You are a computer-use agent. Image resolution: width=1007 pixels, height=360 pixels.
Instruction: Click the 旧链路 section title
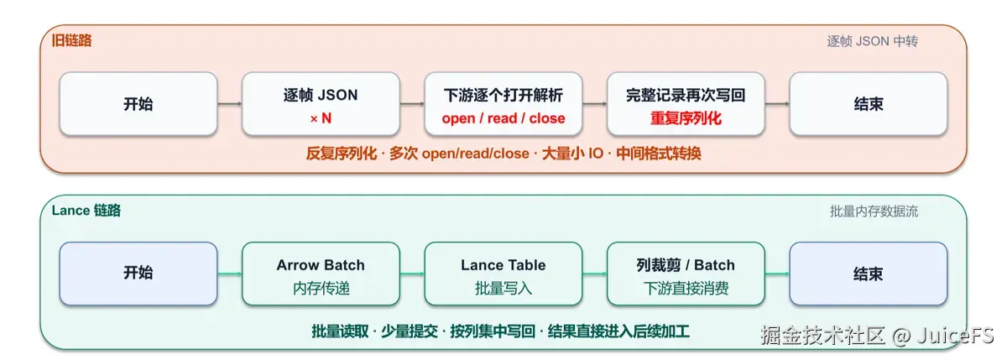(x=71, y=40)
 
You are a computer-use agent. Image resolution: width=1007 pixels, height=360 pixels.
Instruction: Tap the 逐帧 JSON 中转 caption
(x=872, y=41)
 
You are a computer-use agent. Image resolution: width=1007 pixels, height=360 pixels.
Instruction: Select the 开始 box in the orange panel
(x=138, y=104)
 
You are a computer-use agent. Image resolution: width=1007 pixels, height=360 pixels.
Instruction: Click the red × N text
(x=321, y=118)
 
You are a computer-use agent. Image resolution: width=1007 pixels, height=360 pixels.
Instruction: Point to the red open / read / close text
(x=503, y=118)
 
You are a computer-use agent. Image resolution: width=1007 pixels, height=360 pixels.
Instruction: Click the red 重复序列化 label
(x=686, y=118)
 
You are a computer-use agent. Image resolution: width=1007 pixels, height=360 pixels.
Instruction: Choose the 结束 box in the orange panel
(x=869, y=104)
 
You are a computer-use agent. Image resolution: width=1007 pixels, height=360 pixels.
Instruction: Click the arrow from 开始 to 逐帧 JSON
(x=230, y=104)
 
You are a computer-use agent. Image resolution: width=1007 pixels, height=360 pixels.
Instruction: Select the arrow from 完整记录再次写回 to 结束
(x=777, y=104)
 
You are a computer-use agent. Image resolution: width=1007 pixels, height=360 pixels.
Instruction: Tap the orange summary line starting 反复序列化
(x=503, y=154)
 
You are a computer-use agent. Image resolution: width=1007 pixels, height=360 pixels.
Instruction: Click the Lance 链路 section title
(x=86, y=211)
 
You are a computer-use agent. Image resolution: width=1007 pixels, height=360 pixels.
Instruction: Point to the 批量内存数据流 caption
(x=874, y=211)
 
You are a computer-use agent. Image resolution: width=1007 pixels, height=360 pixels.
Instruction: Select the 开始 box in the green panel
(x=138, y=274)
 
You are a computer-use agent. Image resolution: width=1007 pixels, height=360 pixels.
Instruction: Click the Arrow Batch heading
(x=321, y=265)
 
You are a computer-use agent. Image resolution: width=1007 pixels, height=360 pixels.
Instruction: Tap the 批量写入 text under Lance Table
(x=503, y=288)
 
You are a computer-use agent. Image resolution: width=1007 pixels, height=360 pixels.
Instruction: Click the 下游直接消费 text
(x=686, y=288)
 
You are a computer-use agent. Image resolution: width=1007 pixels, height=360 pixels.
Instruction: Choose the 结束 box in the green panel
(x=869, y=274)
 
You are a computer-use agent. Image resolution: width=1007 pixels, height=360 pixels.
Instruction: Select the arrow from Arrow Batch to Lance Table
(x=412, y=274)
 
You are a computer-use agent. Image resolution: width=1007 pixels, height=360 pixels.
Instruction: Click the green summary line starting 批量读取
(x=500, y=331)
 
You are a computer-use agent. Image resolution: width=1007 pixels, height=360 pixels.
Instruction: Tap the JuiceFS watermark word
(x=955, y=336)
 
